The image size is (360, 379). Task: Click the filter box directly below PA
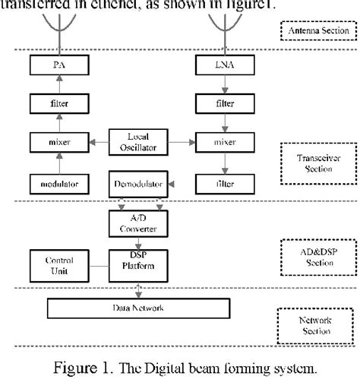pos(58,101)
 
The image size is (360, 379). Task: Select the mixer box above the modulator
pos(58,141)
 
